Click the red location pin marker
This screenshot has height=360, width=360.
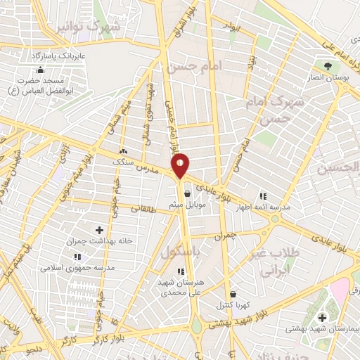point(181,165)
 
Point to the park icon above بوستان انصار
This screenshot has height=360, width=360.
point(328,67)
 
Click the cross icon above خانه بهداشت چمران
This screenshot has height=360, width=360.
point(98,229)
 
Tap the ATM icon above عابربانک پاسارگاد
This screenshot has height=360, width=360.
point(40,70)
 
